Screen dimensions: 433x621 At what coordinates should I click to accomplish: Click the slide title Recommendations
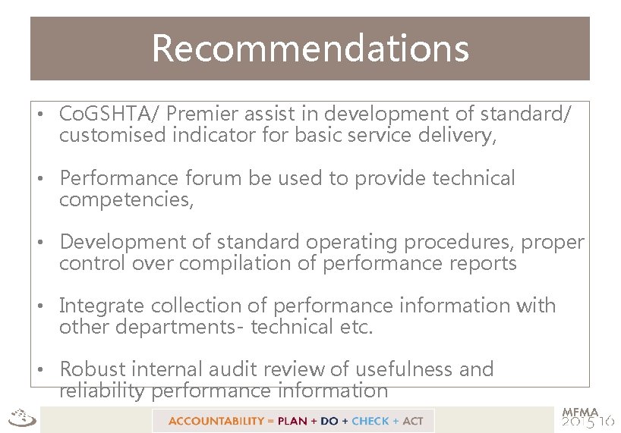tap(310, 48)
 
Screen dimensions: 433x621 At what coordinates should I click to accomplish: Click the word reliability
tap(102, 391)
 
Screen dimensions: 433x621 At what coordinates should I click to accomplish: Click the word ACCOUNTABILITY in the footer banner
tap(216, 421)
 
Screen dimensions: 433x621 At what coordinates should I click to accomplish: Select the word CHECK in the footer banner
tap(370, 421)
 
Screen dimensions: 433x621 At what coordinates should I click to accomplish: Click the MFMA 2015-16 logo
tap(588, 418)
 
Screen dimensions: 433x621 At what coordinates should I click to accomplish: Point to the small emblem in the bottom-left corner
tap(20, 418)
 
